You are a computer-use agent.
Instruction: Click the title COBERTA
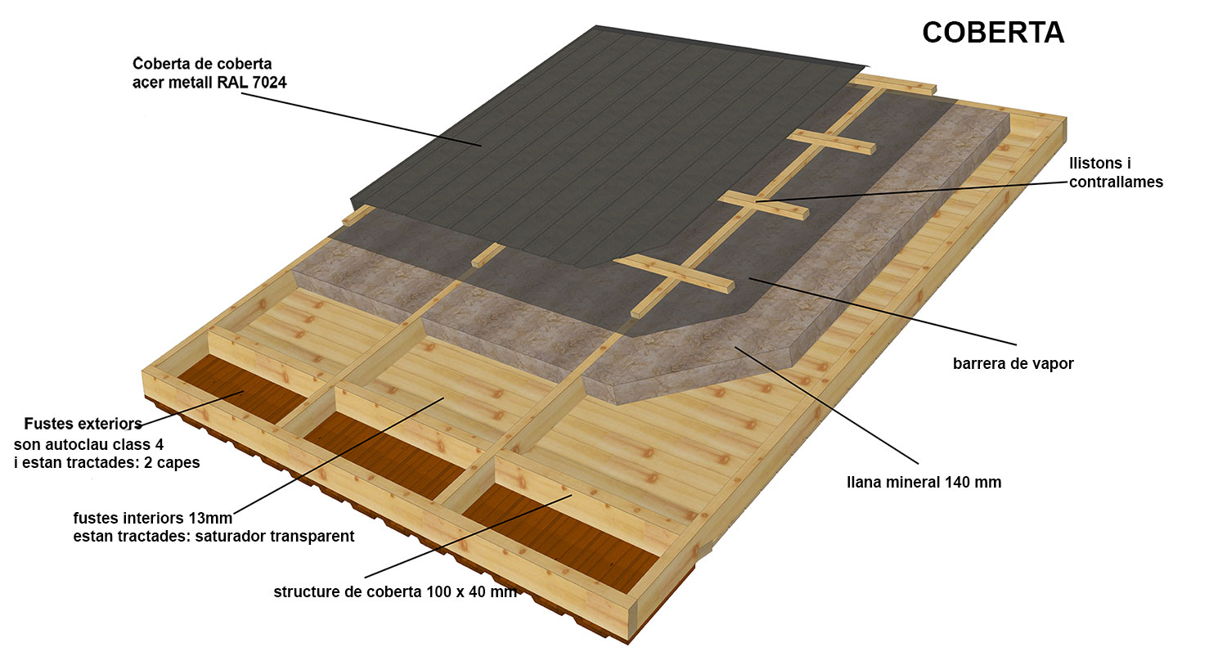click(993, 32)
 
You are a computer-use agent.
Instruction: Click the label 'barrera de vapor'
click(1014, 364)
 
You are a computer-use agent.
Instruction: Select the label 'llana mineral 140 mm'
click(924, 483)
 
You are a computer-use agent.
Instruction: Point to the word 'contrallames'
click(1116, 182)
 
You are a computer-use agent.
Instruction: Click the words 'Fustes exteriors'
click(83, 424)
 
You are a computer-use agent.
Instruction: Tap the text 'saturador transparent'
click(274, 536)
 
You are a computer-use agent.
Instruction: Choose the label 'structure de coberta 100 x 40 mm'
click(395, 592)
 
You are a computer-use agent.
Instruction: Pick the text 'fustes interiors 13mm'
click(153, 518)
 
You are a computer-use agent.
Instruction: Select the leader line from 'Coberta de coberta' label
click(362, 119)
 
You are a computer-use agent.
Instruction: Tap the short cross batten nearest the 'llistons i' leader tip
click(763, 205)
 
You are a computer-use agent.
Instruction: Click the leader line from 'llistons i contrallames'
click(911, 191)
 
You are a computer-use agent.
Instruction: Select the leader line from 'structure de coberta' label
click(469, 536)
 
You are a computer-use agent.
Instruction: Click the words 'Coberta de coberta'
click(202, 64)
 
